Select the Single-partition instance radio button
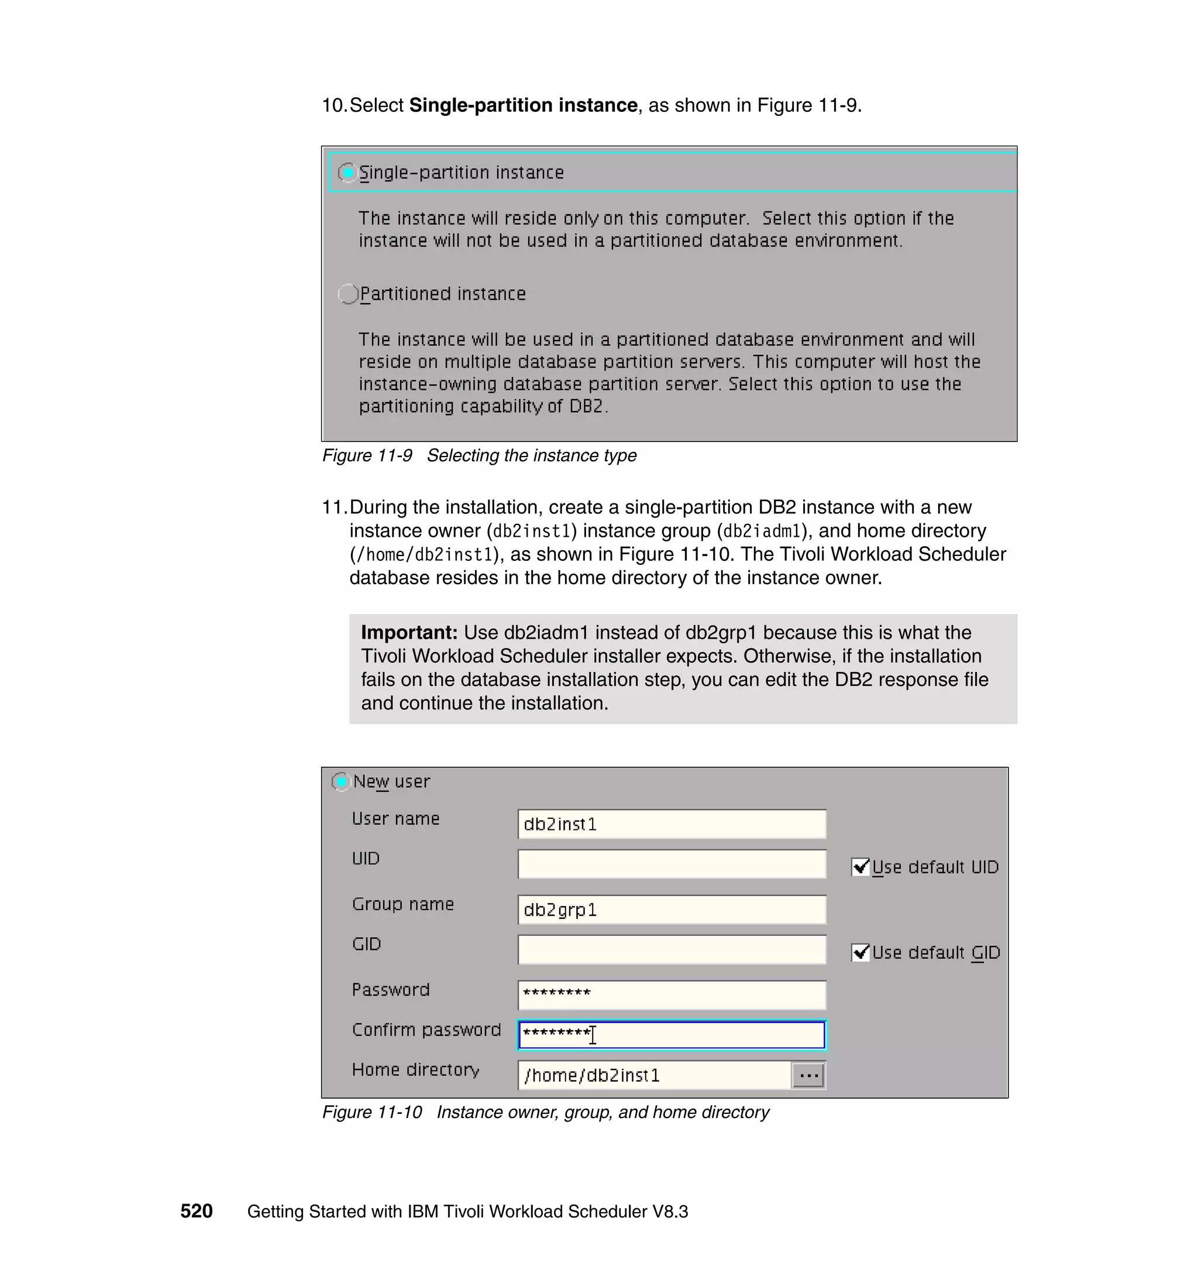pos(347,173)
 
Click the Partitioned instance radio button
pos(348,294)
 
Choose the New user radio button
pos(341,781)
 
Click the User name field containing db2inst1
pos(671,824)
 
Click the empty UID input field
pos(671,864)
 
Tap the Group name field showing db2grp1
pos(671,910)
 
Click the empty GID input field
pos(671,949)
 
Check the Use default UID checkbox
pos(860,867)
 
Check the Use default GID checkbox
pos(860,953)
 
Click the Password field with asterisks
pos(671,995)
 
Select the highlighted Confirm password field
pos(671,1035)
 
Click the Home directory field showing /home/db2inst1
pos(655,1075)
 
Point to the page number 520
pos(196,1212)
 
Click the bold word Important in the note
pos(409,633)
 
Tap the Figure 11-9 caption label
pos(367,455)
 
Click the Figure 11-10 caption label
pos(371,1113)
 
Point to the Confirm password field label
pos(426,1030)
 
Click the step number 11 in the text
pos(333,507)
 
